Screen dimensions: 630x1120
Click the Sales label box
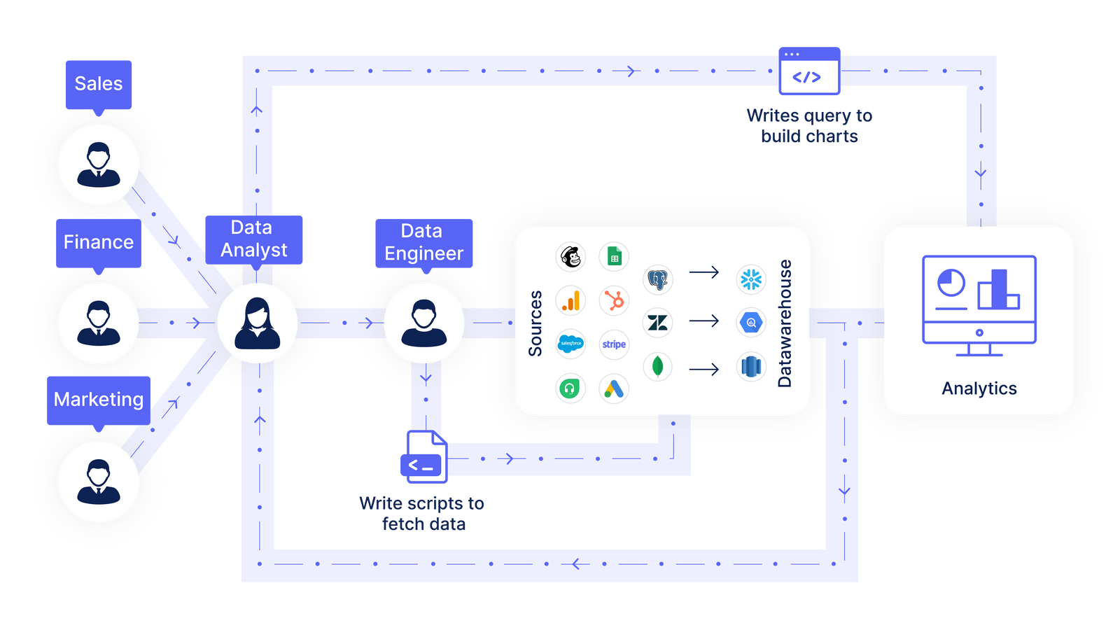pyautogui.click(x=99, y=84)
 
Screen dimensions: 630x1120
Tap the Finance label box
pyautogui.click(x=99, y=242)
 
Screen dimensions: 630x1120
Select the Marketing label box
pyautogui.click(x=99, y=400)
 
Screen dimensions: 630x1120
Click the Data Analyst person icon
pyautogui.click(x=258, y=323)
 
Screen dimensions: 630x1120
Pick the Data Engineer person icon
pyautogui.click(x=423, y=323)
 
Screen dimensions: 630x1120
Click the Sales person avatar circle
pyautogui.click(x=99, y=165)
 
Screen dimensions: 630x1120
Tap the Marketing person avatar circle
pyautogui.click(x=99, y=482)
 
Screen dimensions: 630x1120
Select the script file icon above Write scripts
pyautogui.click(x=424, y=458)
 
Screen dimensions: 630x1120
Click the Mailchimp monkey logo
pyautogui.click(x=570, y=257)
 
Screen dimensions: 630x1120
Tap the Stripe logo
pyautogui.click(x=614, y=344)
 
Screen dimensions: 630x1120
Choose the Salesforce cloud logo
pyautogui.click(x=570, y=344)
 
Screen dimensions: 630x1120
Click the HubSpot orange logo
pyautogui.click(x=614, y=301)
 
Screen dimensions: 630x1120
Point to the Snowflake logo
pyautogui.click(x=751, y=279)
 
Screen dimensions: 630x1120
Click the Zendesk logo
pyautogui.click(x=657, y=323)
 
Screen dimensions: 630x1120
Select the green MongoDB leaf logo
pyautogui.click(x=657, y=366)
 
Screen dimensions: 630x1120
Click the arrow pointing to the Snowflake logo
pyautogui.click(x=704, y=272)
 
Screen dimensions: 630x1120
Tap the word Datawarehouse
pyautogui.click(x=785, y=323)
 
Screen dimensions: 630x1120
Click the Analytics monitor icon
pyautogui.click(x=979, y=305)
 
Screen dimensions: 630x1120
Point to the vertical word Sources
pyautogui.click(x=535, y=323)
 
